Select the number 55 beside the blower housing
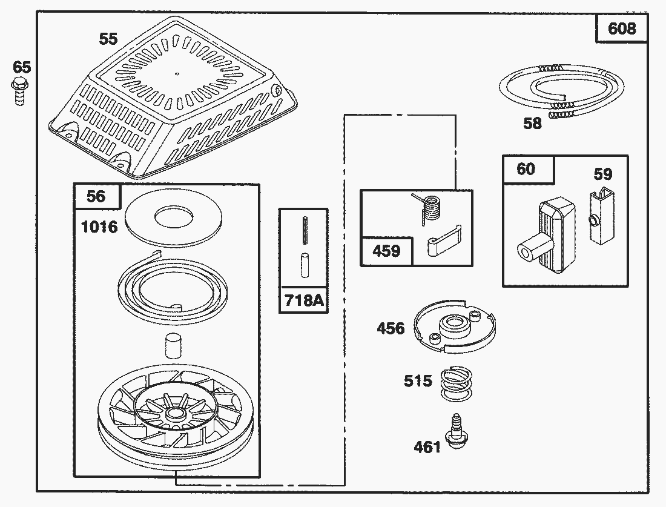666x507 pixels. pos(108,39)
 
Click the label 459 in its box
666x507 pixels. pos(387,250)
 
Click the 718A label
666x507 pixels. pos(303,299)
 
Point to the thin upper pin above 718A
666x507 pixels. pos(303,231)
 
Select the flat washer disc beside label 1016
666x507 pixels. pos(172,216)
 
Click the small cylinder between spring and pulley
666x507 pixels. pos(173,347)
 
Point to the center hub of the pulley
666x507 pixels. pos(176,414)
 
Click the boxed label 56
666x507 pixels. pos(96,196)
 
